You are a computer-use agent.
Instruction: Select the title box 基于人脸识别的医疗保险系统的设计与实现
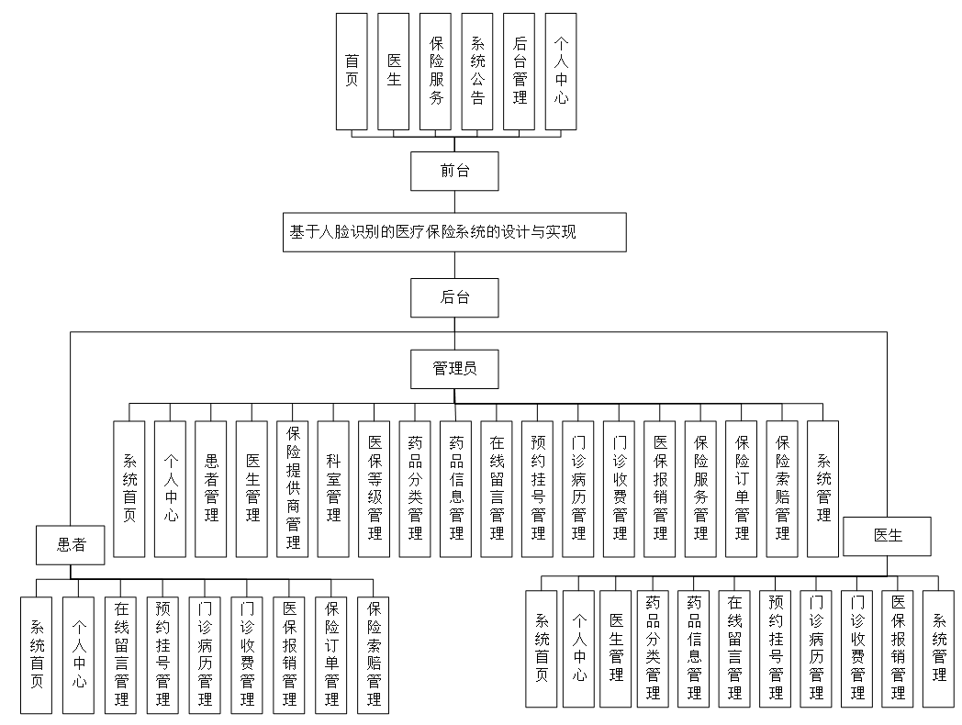455,232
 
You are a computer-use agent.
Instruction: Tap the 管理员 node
455,369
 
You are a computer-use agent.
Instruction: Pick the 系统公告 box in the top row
477,71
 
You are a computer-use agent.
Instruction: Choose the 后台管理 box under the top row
520,71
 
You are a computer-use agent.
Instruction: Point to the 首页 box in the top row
352,71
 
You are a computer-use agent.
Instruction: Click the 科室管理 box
332,488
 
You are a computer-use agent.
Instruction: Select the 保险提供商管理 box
292,488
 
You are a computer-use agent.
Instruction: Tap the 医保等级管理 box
374,488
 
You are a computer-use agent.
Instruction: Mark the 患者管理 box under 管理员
211,488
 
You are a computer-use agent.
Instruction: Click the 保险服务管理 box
700,488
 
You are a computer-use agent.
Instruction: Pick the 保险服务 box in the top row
436,71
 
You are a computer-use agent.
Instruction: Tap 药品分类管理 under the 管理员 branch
414,488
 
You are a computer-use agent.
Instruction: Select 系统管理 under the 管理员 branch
823,488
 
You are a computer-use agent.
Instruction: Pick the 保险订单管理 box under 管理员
741,488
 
